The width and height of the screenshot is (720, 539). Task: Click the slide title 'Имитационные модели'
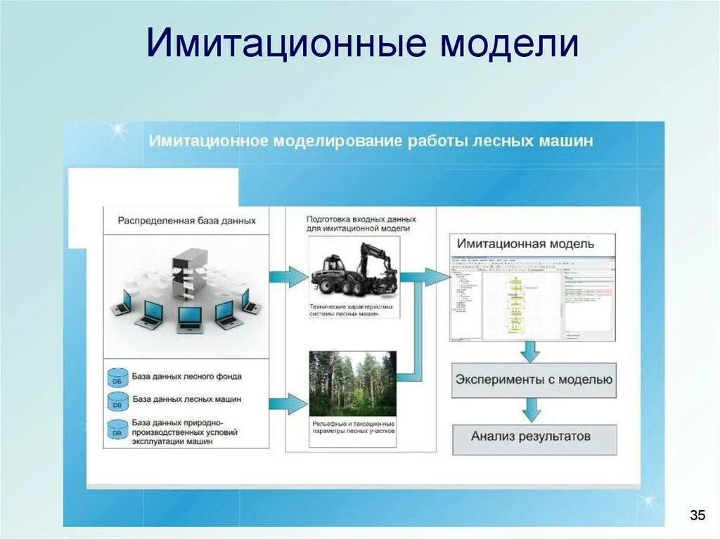tap(362, 44)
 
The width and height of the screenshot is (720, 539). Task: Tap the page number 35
tap(697, 516)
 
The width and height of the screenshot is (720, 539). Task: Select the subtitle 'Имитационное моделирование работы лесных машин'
tap(371, 141)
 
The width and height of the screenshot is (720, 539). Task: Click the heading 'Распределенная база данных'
tap(186, 221)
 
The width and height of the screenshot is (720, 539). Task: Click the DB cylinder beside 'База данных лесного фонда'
tap(117, 377)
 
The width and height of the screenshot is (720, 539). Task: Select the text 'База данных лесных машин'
tap(187, 399)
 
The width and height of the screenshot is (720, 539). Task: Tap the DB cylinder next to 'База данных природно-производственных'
tap(117, 429)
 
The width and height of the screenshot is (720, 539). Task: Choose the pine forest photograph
tap(352, 383)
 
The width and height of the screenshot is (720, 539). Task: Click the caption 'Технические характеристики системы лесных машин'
tap(351, 311)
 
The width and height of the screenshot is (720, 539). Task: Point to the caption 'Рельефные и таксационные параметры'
tap(352, 428)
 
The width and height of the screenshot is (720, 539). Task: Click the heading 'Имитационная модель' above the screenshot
tap(525, 244)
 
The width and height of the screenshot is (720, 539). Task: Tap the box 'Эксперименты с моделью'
tap(534, 380)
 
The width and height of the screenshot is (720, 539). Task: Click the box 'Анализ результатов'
tap(531, 436)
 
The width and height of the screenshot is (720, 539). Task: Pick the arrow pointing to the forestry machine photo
tap(289, 276)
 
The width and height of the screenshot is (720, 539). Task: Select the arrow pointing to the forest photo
tap(288, 403)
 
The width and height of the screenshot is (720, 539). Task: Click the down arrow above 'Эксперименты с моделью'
tap(529, 351)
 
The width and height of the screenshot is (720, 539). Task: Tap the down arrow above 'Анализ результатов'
tap(531, 409)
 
